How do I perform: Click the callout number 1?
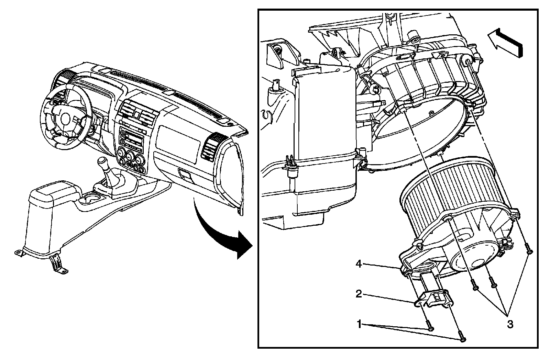tap(359, 324)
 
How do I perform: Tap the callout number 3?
tap(510, 324)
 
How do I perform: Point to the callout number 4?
tap(358, 264)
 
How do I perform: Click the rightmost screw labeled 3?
tap(530, 252)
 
